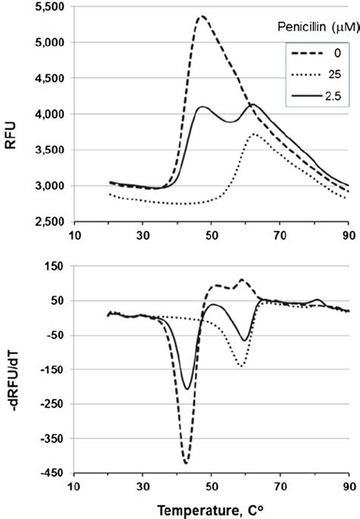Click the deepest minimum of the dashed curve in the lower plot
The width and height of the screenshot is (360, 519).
(x=185, y=462)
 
